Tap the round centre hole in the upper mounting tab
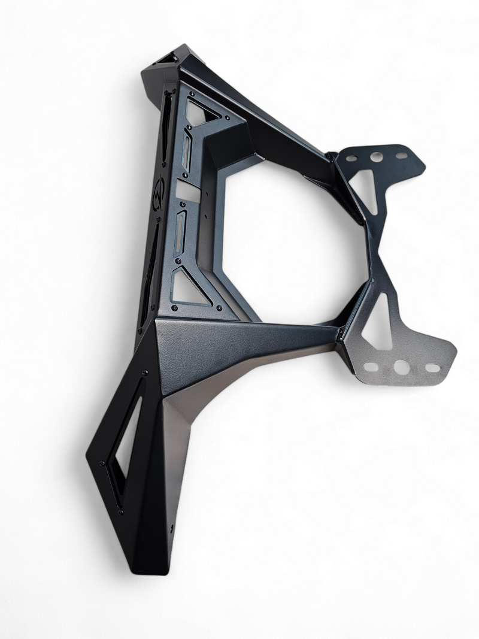tap(376, 157)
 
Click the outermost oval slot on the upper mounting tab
tap(402, 156)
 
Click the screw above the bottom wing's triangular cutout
tap(144, 374)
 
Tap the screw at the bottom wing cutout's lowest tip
tap(120, 512)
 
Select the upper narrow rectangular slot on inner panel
tap(188, 156)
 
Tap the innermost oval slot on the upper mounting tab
tap(353, 159)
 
